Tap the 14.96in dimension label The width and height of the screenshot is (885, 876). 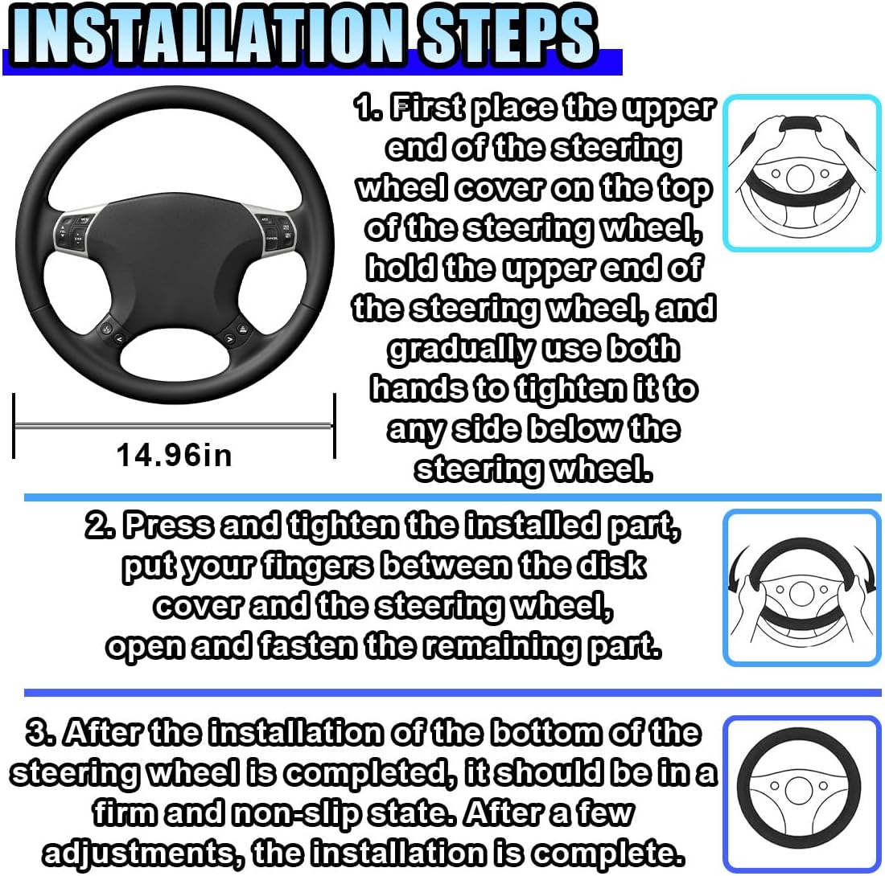tap(174, 455)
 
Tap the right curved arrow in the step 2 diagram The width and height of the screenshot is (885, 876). tap(863, 567)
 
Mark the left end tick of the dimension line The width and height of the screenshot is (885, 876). tap(14, 426)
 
